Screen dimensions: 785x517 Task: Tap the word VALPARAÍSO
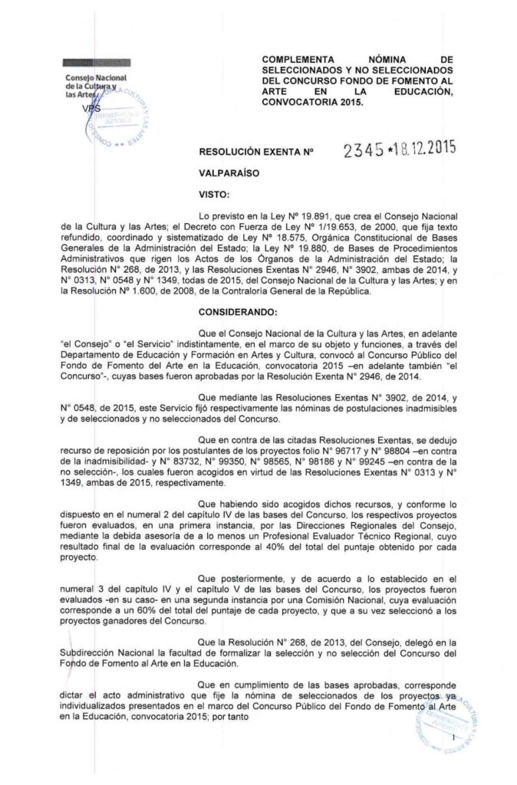point(229,174)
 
